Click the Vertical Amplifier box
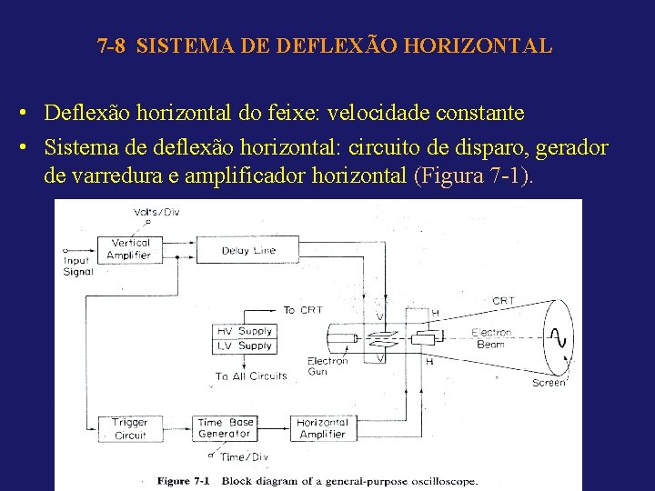point(129,249)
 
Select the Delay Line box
point(248,250)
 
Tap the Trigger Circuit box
point(130,428)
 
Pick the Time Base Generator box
point(225,428)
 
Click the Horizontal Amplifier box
point(322,428)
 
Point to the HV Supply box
point(244,331)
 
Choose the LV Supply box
point(244,346)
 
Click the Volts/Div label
point(155,212)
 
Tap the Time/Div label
point(245,456)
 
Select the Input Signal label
point(77,266)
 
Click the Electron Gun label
point(327,366)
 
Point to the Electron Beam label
point(491,338)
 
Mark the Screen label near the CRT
point(549,383)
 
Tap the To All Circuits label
point(251,376)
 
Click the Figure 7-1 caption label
point(186,481)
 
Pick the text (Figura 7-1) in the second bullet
point(472,175)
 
